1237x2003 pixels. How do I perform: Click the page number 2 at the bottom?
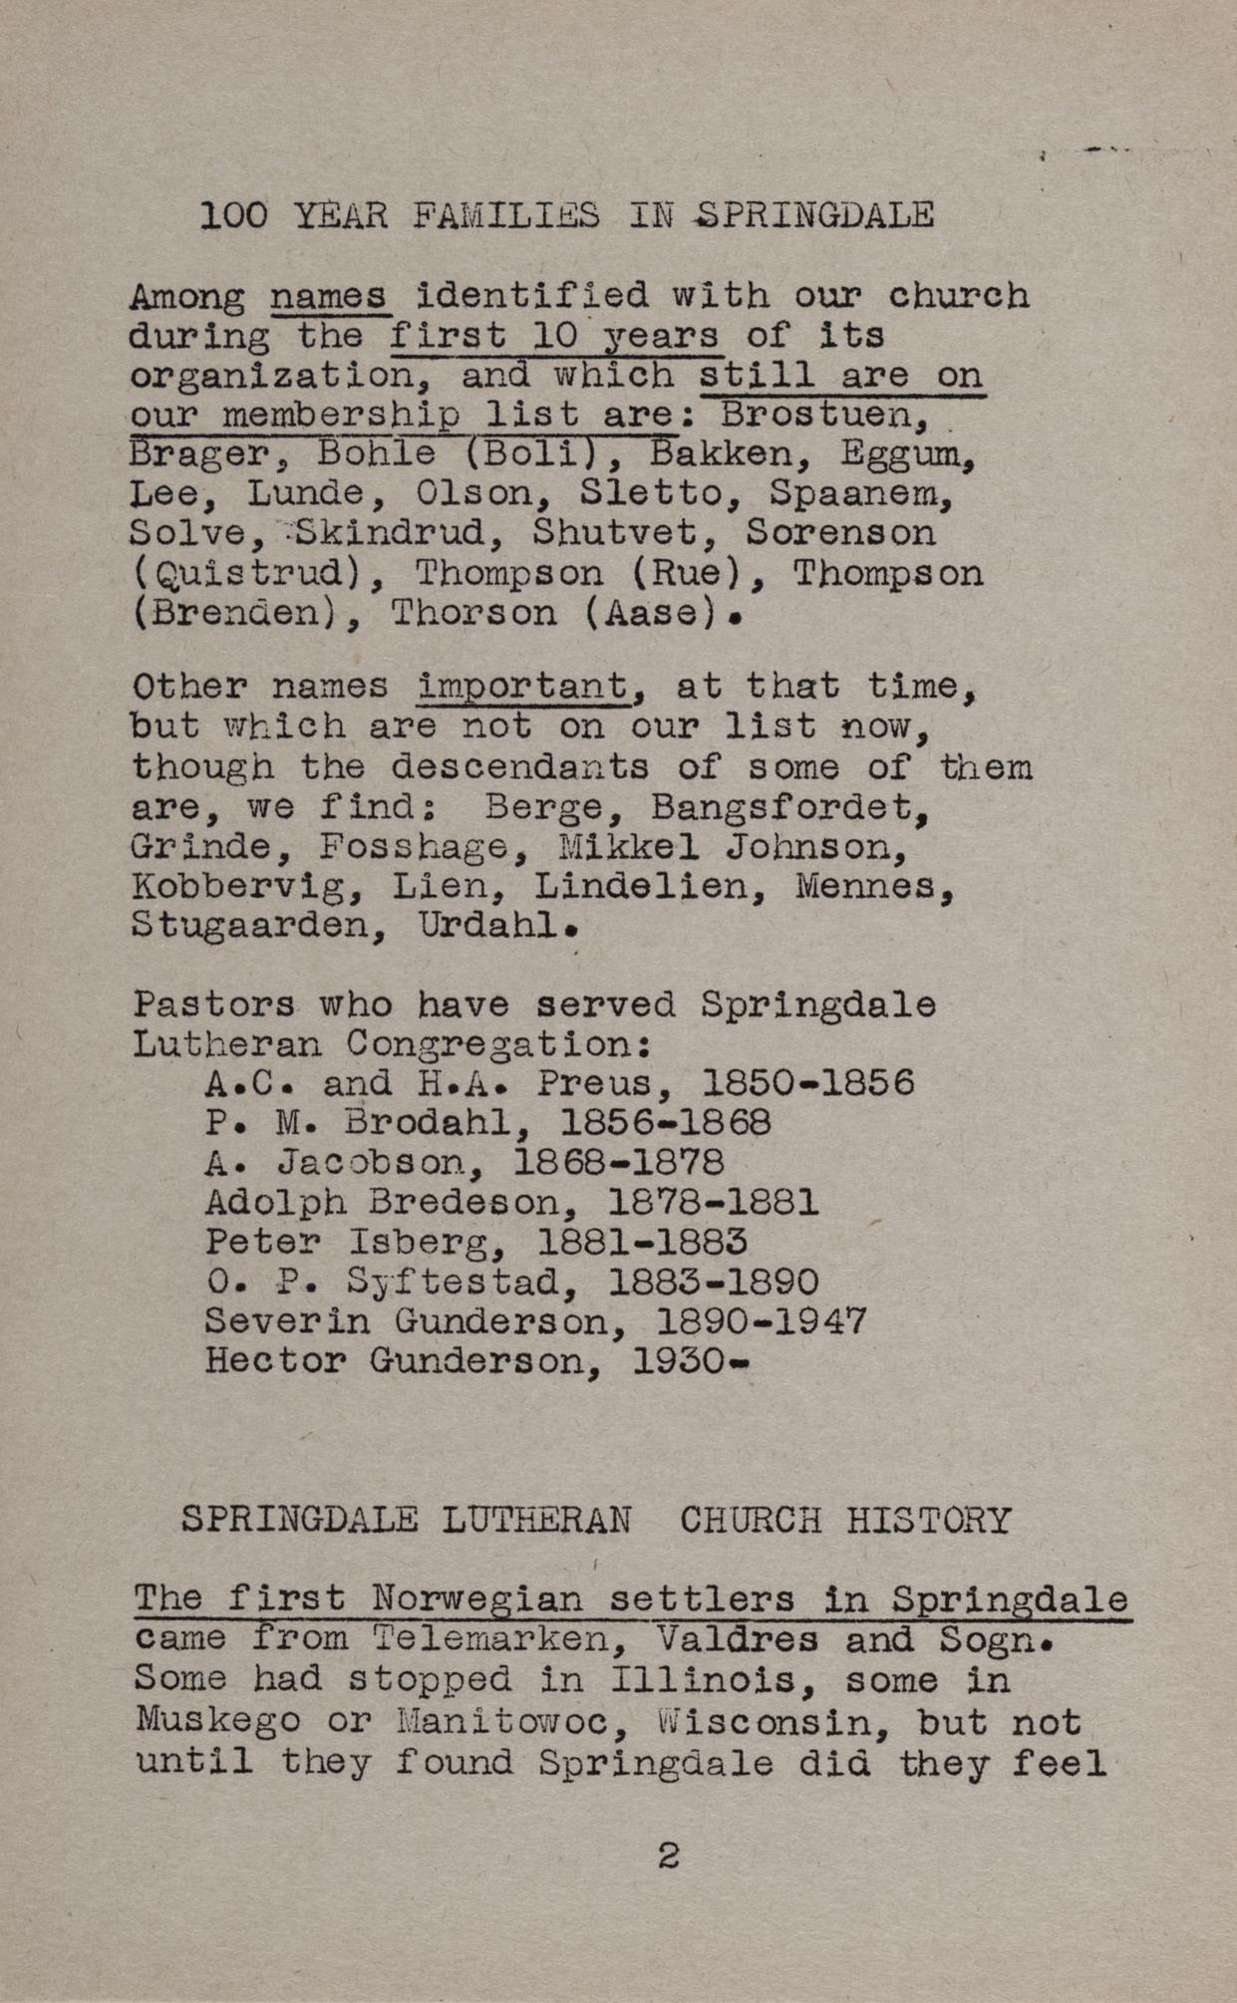pyautogui.click(x=669, y=1856)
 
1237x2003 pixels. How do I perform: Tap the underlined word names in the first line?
pyautogui.click(x=330, y=296)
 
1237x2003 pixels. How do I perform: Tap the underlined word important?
pyautogui.click(x=524, y=687)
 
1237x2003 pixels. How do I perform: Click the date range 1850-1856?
pyautogui.click(x=807, y=1083)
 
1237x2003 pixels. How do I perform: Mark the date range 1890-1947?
pyautogui.click(x=762, y=1322)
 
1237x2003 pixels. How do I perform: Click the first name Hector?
pyautogui.click(x=275, y=1361)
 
